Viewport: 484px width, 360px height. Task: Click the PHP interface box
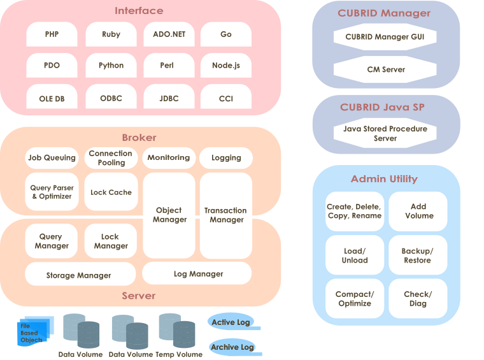click(x=52, y=34)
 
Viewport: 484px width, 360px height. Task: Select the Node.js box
click(x=226, y=66)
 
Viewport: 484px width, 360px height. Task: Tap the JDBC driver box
click(x=169, y=98)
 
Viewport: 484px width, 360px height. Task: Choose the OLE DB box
click(x=52, y=98)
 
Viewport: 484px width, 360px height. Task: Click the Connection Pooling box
click(x=111, y=158)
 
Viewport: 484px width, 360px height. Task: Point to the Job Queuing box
click(x=52, y=158)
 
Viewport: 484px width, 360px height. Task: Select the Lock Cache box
click(x=111, y=192)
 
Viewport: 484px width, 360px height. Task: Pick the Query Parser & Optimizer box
click(x=52, y=192)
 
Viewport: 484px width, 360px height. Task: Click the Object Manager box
click(x=169, y=215)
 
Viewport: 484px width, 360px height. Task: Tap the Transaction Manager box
click(x=226, y=215)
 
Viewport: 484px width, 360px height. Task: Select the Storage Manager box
click(x=80, y=275)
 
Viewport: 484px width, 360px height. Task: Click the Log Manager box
click(x=197, y=273)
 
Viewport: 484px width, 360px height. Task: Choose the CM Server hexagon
click(x=385, y=69)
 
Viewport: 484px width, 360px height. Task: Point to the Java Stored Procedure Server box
click(x=385, y=133)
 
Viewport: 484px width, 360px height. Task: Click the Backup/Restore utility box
click(x=417, y=256)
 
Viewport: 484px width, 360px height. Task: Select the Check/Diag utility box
click(x=417, y=299)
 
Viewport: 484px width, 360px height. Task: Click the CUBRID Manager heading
click(x=385, y=13)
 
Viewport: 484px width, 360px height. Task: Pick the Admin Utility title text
click(x=384, y=179)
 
